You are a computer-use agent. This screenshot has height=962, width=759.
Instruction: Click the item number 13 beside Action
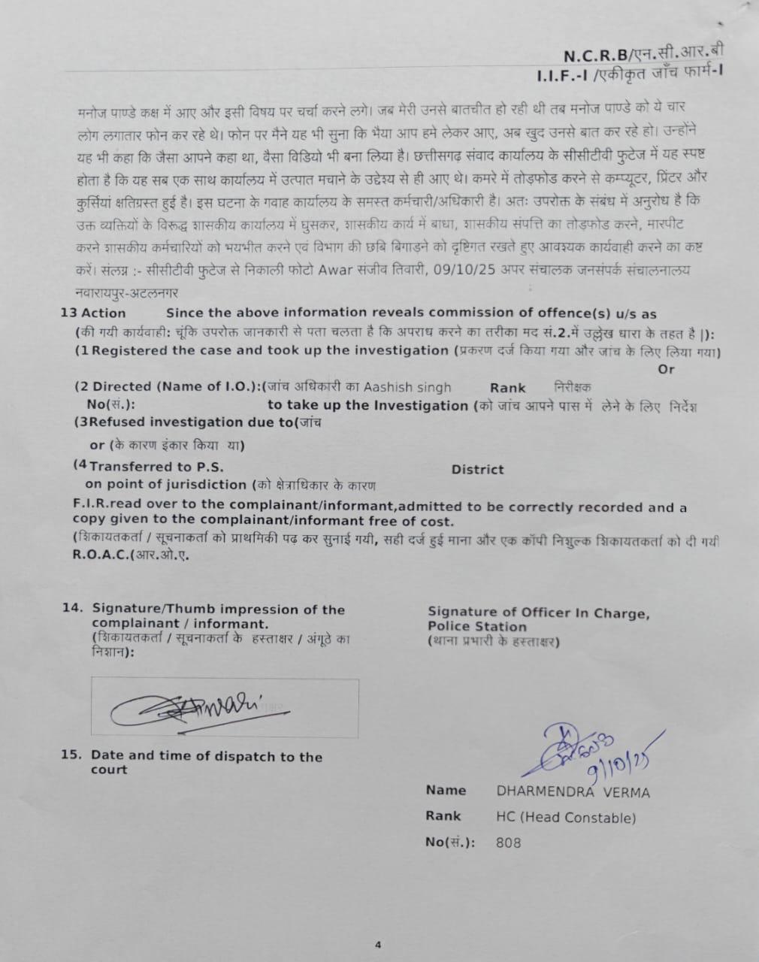67,313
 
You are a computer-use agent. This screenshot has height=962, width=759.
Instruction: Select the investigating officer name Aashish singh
407,388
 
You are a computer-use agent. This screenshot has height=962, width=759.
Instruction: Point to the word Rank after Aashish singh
508,388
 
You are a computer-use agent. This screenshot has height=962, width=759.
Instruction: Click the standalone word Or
666,369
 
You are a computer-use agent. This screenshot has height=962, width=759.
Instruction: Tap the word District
477,470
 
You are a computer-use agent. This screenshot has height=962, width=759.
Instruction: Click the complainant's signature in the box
192,706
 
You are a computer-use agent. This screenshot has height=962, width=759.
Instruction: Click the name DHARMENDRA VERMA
573,792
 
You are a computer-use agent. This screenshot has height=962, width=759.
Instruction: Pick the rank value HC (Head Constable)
565,818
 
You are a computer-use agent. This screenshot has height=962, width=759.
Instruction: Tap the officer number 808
508,843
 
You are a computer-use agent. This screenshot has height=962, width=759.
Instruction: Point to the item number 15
71,756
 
